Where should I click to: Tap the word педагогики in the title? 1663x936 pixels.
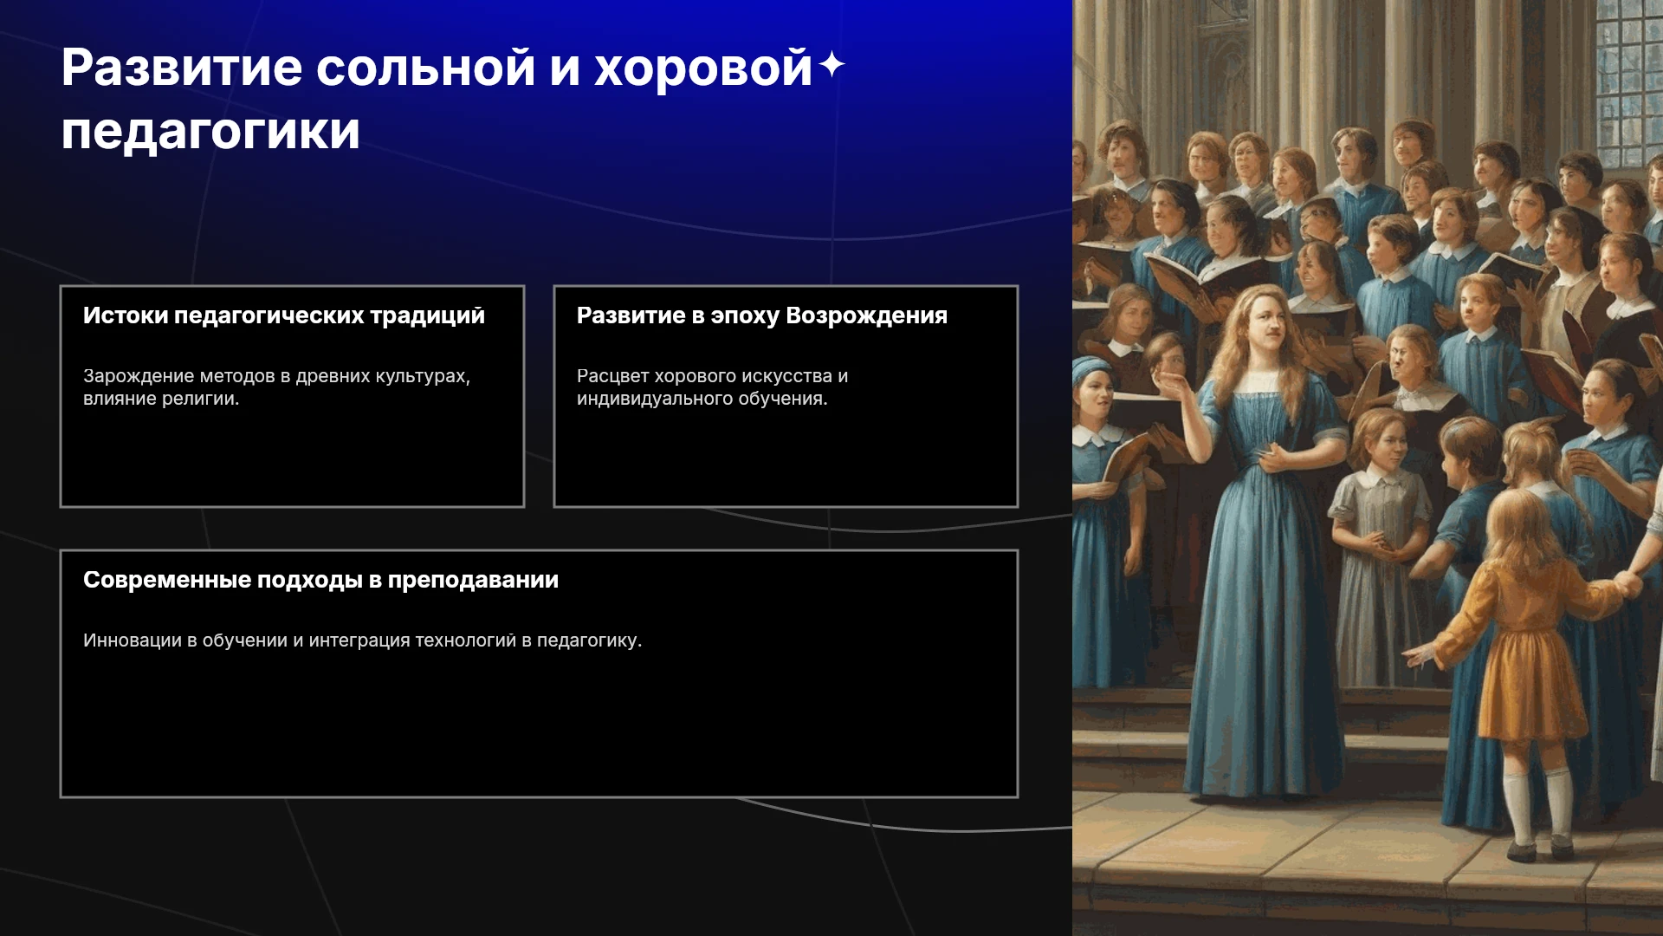210,133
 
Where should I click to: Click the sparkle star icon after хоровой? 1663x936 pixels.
831,64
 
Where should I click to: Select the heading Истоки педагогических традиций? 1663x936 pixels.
284,315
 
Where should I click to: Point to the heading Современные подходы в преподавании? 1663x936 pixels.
320,580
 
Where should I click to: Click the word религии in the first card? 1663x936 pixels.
200,399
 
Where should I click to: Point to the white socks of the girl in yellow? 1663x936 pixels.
1537,806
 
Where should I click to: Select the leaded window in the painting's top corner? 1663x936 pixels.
1628,82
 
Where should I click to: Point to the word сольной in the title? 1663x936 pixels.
425,68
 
